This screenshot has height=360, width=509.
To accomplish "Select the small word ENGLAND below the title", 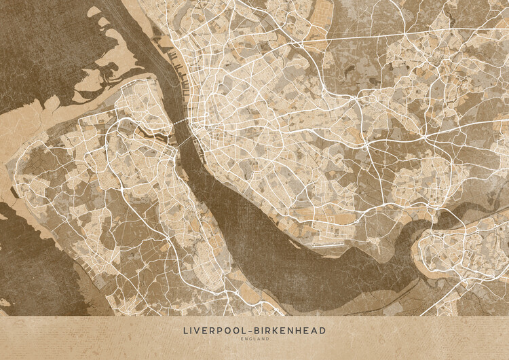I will click(254, 339).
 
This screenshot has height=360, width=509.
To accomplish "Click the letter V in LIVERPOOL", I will click(197, 331).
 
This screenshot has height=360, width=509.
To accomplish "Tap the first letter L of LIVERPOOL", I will click(185, 331).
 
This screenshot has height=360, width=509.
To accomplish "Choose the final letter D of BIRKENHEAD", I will click(323, 331).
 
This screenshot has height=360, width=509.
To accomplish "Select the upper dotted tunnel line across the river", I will click(181, 122).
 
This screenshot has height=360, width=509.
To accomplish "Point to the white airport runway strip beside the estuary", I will click(332, 242).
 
